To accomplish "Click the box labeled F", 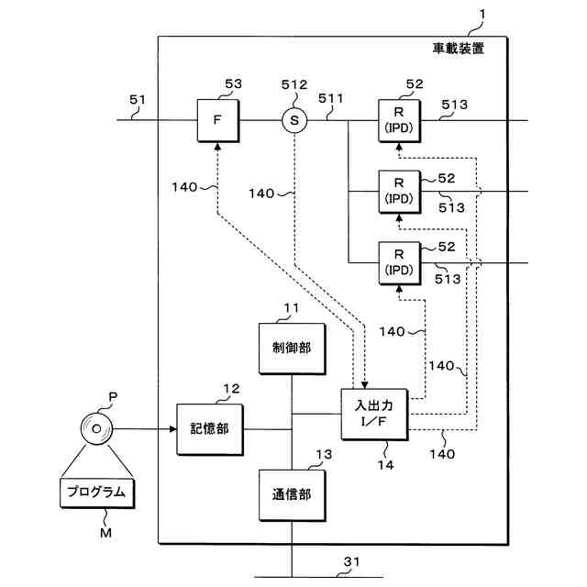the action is tap(218, 120).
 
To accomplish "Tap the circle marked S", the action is tap(294, 120).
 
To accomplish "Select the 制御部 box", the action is tap(292, 349).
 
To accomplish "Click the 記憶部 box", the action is tap(210, 429).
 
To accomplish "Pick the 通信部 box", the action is tap(292, 495).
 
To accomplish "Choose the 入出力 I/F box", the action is tap(374, 414).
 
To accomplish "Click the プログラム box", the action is tap(97, 493).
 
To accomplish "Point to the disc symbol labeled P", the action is tap(96, 429).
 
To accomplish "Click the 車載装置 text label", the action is tap(459, 49).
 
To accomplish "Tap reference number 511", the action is tap(330, 98).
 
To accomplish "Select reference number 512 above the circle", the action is tap(294, 85).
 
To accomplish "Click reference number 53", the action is tap(233, 83).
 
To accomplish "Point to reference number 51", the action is tap(137, 100).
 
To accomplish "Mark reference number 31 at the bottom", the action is tap(351, 561).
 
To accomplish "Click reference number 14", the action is tap(385, 465).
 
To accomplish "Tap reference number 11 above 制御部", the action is tap(292, 308).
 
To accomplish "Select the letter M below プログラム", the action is tap(106, 532).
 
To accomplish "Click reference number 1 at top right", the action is tap(482, 15).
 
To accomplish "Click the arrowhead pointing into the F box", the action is tap(217, 146).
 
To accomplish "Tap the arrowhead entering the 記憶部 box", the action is tap(172, 429).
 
